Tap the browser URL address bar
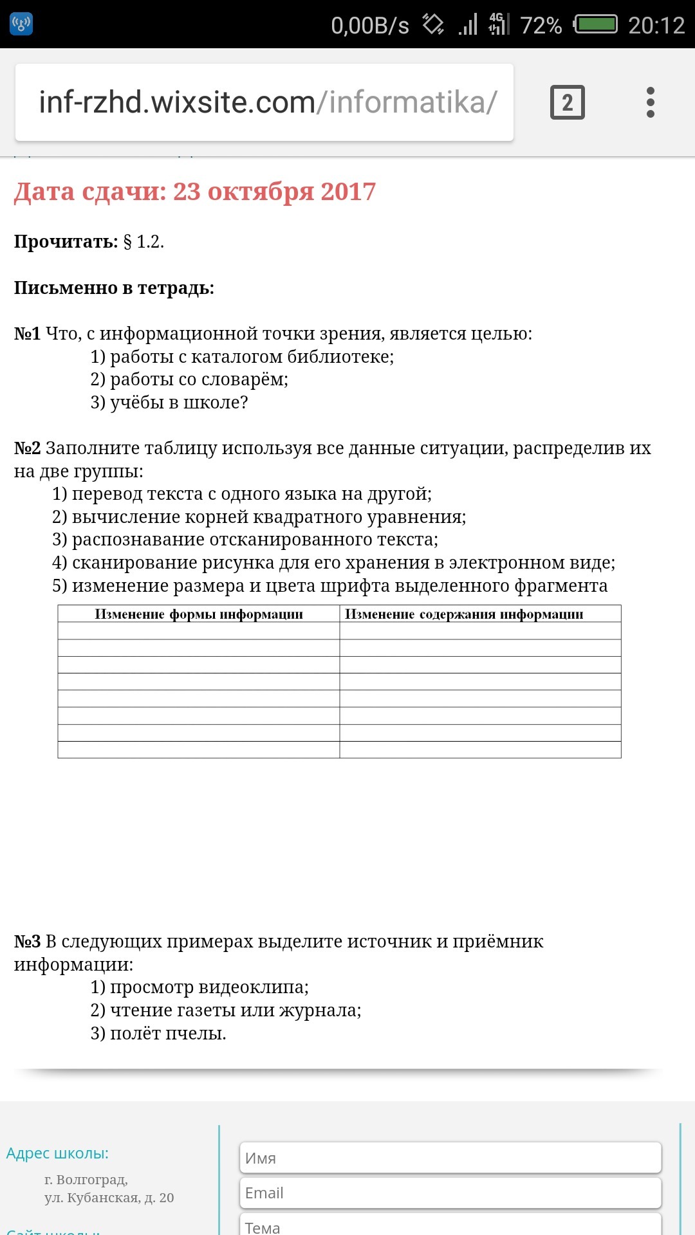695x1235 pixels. tap(264, 102)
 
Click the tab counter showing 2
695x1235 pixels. tap(567, 102)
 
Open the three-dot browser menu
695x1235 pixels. tap(651, 102)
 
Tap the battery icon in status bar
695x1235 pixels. tap(596, 24)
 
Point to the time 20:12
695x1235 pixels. tap(656, 25)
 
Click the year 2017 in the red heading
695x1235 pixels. tap(348, 192)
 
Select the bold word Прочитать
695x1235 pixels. tap(66, 242)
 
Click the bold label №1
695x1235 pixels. tap(27, 334)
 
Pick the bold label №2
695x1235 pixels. tap(27, 448)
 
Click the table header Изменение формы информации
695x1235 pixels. tap(198, 614)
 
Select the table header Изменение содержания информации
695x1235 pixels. tap(464, 614)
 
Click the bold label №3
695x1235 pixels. tap(27, 942)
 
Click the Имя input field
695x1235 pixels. tap(450, 1158)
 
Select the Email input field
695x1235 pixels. tap(450, 1193)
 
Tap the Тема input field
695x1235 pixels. tap(450, 1225)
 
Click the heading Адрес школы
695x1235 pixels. tap(57, 1153)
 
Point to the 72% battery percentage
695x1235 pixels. tap(541, 25)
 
